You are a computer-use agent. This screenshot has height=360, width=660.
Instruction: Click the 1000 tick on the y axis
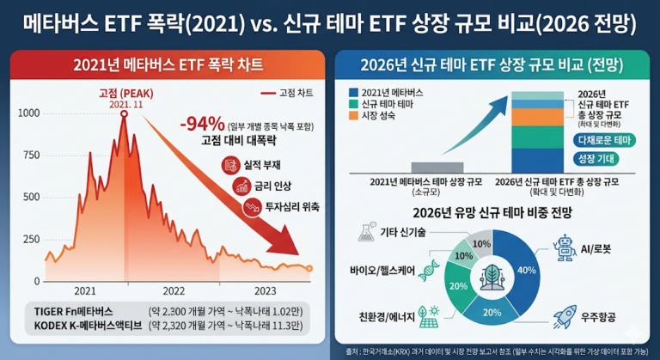click(x=27, y=113)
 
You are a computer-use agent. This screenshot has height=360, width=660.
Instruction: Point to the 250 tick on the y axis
click(x=30, y=239)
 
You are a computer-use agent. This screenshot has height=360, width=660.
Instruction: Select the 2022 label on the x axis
click(x=174, y=290)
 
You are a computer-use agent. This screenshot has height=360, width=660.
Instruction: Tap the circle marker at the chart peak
click(x=124, y=113)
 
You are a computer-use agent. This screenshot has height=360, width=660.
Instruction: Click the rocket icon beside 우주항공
click(x=565, y=318)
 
